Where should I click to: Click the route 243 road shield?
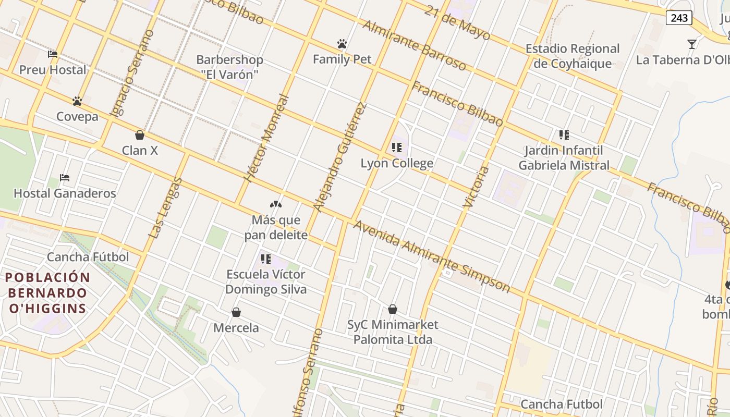tap(679, 18)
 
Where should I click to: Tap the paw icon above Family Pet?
tap(342, 44)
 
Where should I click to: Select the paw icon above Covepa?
tap(77, 101)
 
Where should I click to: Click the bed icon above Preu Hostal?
tap(53, 54)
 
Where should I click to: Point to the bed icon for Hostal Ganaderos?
tap(65, 178)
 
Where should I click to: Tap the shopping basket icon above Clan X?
tap(139, 135)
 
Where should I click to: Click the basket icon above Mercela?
tap(236, 312)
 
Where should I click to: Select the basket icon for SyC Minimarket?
tap(393, 309)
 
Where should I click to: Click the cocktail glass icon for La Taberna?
tap(692, 44)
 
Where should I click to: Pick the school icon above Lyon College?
tap(397, 148)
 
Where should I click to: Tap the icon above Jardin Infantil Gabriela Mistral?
tap(564, 135)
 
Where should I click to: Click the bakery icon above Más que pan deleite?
tap(275, 204)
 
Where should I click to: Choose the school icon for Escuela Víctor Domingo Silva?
tap(266, 259)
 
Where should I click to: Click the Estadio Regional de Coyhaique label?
tap(573, 56)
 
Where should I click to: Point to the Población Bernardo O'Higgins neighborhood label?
tap(47, 292)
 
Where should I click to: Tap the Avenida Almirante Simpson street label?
tap(432, 256)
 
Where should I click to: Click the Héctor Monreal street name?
tap(266, 138)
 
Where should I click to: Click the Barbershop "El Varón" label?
tap(229, 67)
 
